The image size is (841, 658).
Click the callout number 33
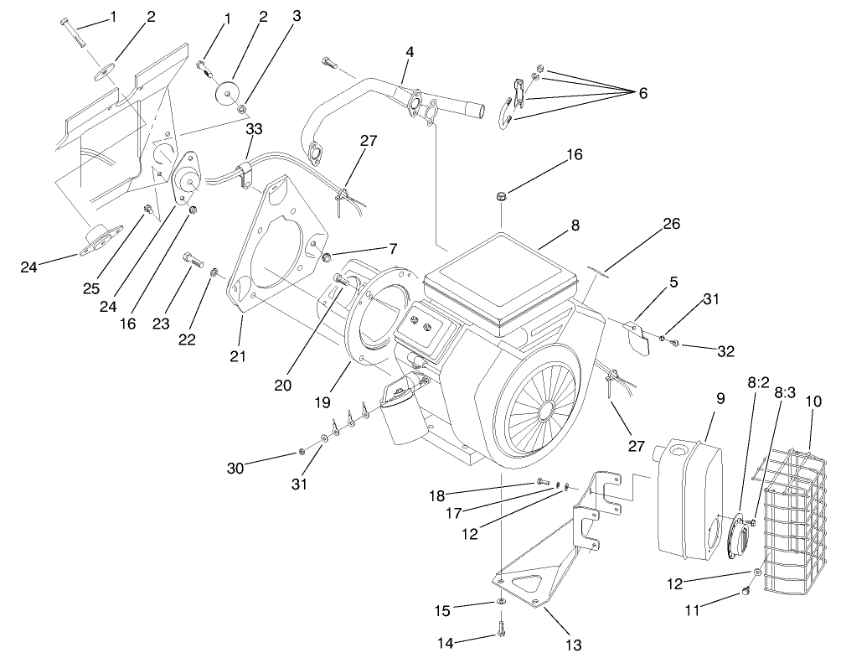[x=254, y=129]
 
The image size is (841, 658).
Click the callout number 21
[x=239, y=357]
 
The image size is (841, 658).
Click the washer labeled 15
[x=500, y=602]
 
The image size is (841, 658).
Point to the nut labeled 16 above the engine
[x=501, y=196]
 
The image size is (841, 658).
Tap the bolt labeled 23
[x=192, y=259]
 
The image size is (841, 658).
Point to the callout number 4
[x=409, y=52]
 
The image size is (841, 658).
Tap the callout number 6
[x=642, y=93]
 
